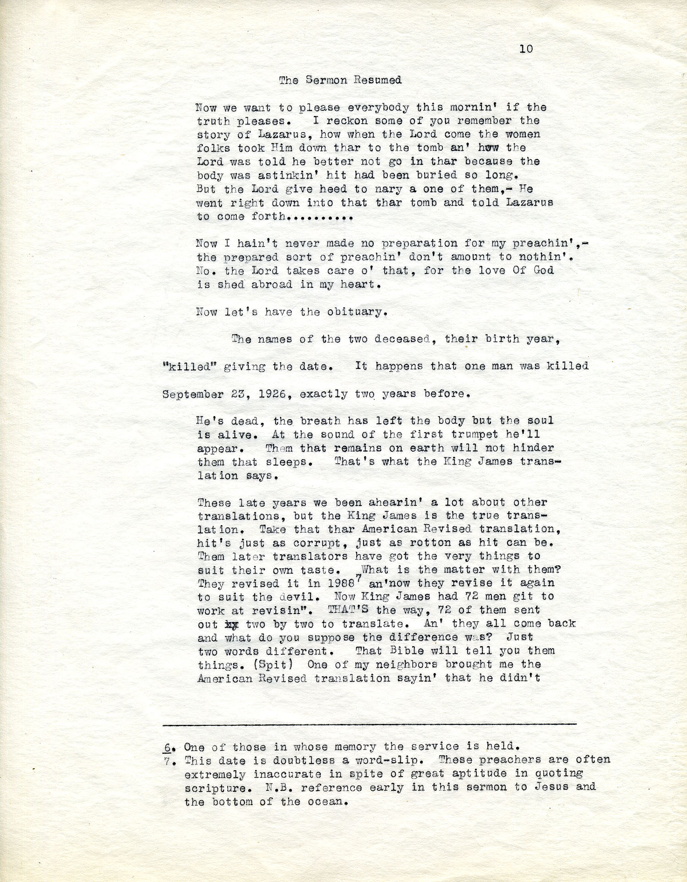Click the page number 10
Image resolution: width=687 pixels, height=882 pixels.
click(526, 49)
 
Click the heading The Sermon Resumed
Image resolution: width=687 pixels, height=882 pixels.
click(340, 80)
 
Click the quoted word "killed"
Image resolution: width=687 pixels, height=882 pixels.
click(190, 367)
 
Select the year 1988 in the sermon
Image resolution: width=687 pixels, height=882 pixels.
click(342, 584)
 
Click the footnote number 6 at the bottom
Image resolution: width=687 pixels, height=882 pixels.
click(168, 747)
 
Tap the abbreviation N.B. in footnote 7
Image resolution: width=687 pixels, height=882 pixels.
click(275, 788)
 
